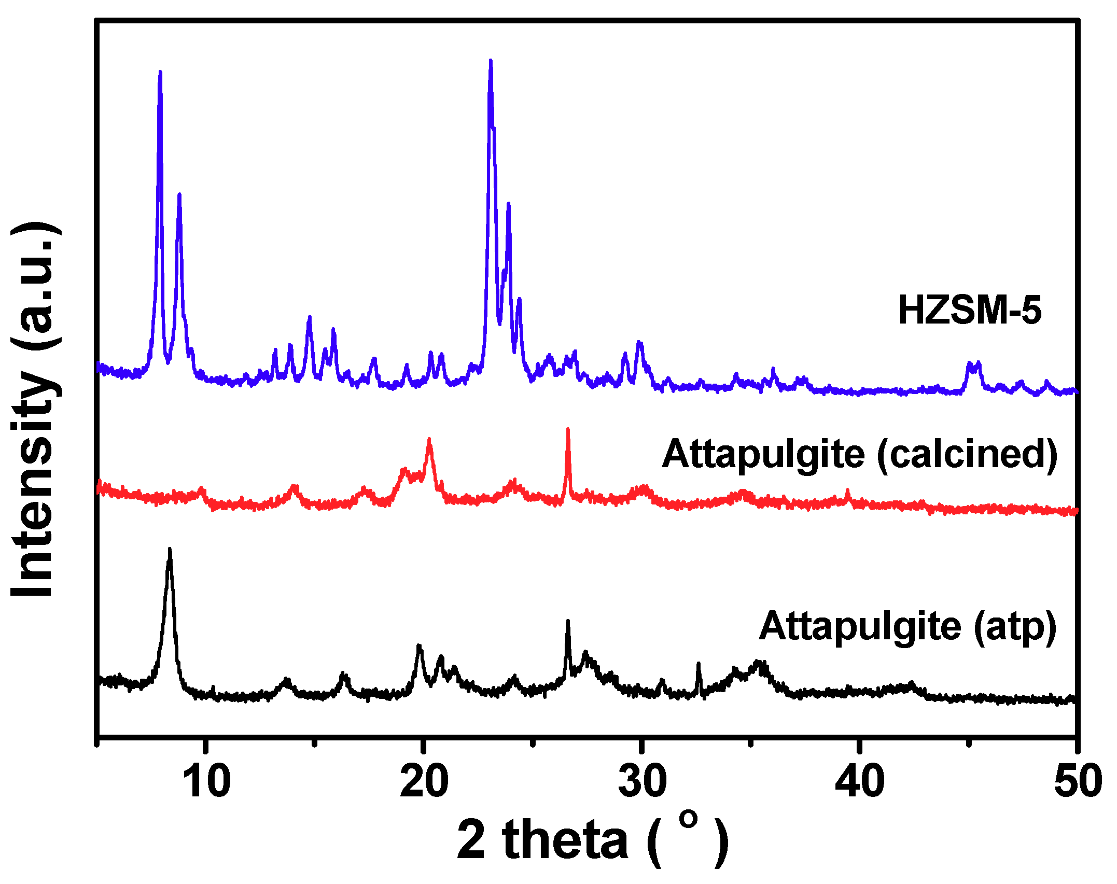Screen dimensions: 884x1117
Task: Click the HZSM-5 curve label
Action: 969,311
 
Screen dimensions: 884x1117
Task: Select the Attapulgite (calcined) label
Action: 859,455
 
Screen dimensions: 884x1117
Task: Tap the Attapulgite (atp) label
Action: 907,627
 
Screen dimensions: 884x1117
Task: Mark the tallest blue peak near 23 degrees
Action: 491,62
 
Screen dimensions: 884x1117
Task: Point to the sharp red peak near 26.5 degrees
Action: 568,430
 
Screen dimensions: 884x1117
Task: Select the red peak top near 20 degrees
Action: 429,441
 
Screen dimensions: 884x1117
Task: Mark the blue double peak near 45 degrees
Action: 973,366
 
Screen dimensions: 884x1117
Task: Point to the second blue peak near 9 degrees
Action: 179,196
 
